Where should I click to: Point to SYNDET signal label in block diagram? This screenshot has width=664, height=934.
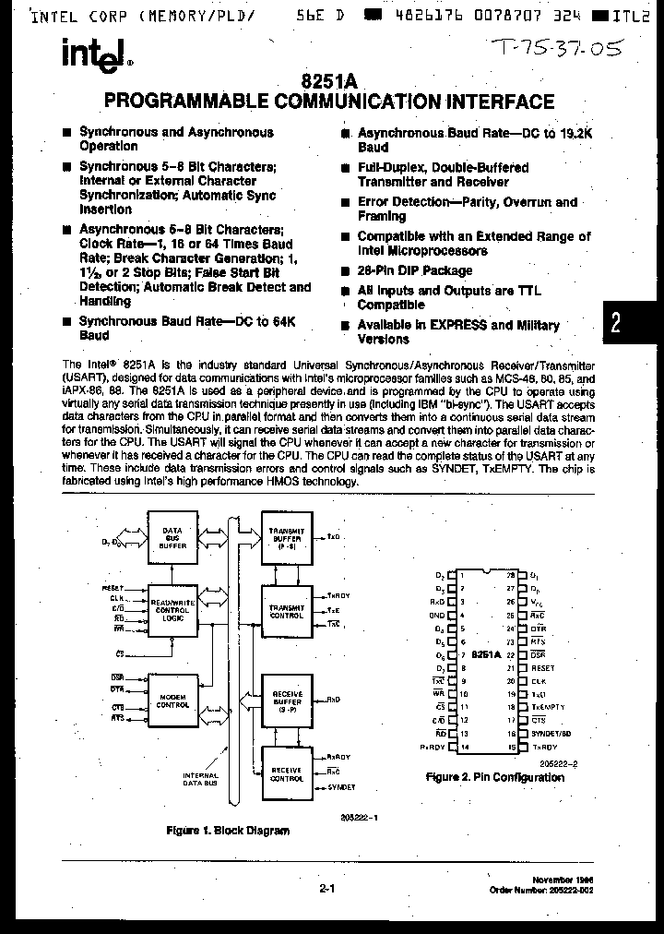click(342, 786)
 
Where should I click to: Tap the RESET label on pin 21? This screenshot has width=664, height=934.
click(543, 667)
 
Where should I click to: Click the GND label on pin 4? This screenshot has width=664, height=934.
click(437, 615)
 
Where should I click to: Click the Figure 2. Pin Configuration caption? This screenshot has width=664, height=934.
click(495, 777)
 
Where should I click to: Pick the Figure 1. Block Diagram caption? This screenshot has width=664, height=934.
click(227, 831)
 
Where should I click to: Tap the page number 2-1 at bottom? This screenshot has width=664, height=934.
click(326, 890)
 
